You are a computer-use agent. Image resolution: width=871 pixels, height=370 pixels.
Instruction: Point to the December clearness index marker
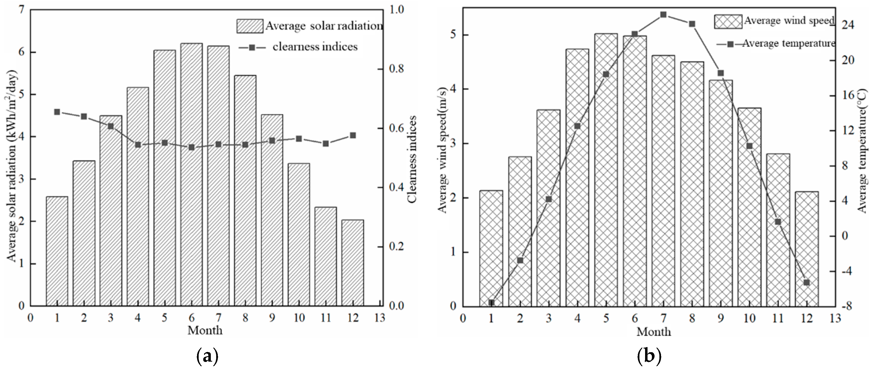[353, 135]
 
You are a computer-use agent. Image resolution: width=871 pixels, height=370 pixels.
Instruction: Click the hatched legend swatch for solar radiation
[250, 26]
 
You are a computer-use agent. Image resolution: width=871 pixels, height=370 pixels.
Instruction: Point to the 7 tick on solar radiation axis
[22, 10]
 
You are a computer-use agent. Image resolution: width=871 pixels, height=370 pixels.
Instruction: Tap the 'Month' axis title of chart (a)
[205, 330]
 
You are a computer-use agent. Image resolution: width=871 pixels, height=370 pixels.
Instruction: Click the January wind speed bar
[491, 248]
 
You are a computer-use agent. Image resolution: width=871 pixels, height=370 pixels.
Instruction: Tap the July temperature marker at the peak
[663, 15]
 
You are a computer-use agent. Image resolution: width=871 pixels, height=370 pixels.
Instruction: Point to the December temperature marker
[806, 282]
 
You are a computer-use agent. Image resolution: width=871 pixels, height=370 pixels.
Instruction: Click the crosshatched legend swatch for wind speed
[728, 22]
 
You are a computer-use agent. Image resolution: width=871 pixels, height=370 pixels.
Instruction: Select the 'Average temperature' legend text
[788, 44]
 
